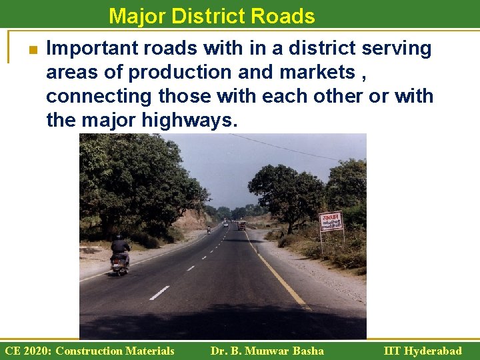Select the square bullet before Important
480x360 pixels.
tap(31, 50)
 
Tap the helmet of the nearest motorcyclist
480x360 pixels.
tap(119, 237)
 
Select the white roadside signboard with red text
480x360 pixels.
tap(331, 221)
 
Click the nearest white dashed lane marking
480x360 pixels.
tap(159, 293)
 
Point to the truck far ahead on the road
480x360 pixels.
tap(241, 225)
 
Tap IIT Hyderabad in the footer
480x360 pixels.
tap(423, 351)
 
